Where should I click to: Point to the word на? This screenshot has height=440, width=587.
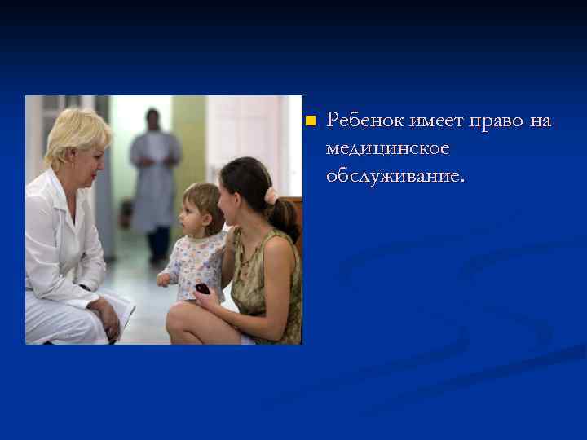[x=541, y=121]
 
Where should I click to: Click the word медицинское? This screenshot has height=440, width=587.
[x=387, y=148]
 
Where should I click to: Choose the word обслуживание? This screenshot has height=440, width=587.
[x=395, y=176]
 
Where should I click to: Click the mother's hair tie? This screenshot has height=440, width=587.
[x=271, y=196]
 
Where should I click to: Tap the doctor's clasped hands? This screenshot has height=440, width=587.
[x=104, y=315]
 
